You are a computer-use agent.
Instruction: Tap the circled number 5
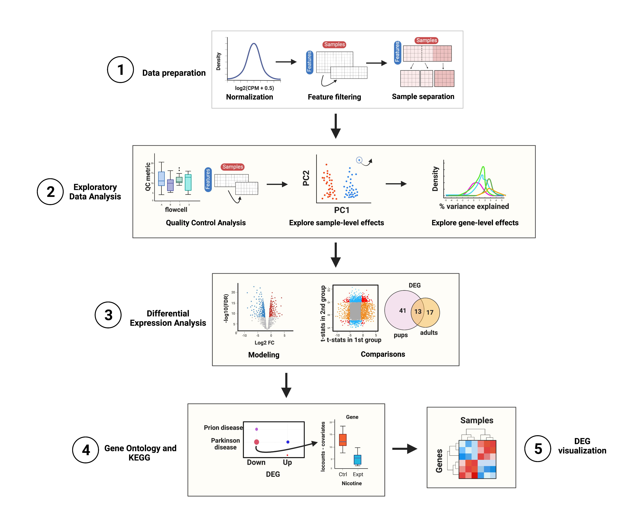click(538, 449)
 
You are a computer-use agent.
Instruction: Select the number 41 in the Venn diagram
click(402, 311)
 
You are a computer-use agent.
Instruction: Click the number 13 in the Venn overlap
click(418, 312)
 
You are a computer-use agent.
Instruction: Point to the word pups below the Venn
click(400, 335)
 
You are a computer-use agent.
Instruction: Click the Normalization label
click(249, 97)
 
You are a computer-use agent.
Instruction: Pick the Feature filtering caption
click(334, 97)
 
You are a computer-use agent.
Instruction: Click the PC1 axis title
click(341, 210)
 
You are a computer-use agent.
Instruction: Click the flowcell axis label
click(176, 210)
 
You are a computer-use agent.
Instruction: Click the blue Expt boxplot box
click(357, 460)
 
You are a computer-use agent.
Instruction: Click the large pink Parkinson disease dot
click(257, 442)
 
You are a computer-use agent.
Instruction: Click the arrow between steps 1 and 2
click(335, 126)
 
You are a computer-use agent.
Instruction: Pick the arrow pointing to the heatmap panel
click(405, 449)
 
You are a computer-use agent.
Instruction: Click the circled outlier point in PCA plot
click(359, 160)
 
